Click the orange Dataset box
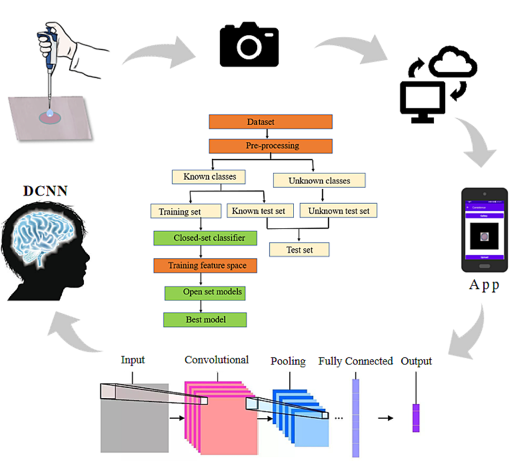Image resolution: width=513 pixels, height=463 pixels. (270, 122)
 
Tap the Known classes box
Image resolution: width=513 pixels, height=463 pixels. (209, 177)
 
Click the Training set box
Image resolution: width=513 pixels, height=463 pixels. (180, 211)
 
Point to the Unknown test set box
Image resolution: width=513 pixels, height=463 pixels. (338, 211)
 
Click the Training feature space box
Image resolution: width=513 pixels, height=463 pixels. (205, 265)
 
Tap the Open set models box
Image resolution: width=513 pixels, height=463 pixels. (205, 292)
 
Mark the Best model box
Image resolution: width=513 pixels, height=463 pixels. (205, 319)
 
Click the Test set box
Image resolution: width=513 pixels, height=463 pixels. (299, 249)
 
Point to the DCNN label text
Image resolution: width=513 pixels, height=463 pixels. (46, 191)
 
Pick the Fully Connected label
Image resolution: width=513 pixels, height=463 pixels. (355, 361)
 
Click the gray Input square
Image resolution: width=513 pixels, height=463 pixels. (133, 421)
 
